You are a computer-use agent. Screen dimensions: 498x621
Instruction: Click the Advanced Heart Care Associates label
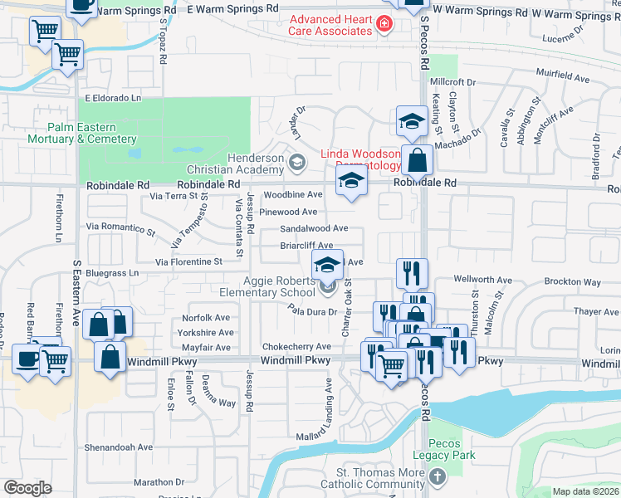pyautogui.click(x=330, y=25)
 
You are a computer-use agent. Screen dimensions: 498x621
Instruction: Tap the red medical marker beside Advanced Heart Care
pyautogui.click(x=384, y=23)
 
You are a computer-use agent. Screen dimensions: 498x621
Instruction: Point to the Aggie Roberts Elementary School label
pyautogui.click(x=266, y=286)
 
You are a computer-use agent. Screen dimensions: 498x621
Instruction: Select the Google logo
pyautogui.click(x=27, y=488)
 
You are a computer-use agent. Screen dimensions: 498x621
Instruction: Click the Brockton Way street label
pyautogui.click(x=574, y=282)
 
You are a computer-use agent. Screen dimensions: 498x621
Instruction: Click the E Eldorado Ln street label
pyautogui.click(x=114, y=98)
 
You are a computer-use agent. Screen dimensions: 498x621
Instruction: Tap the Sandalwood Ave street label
pyautogui.click(x=314, y=228)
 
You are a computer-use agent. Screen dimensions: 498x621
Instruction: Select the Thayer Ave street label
pyautogui.click(x=596, y=312)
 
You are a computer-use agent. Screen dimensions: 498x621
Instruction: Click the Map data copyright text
pyautogui.click(x=586, y=491)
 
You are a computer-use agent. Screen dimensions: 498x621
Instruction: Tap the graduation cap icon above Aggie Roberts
pyautogui.click(x=327, y=265)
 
